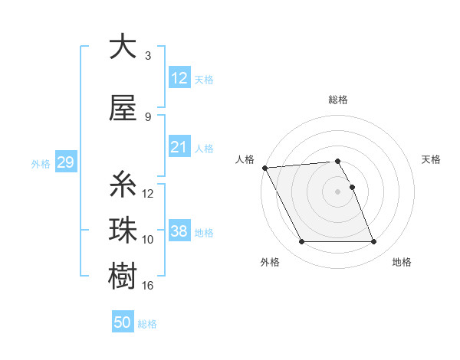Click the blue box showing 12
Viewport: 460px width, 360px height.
[179, 77]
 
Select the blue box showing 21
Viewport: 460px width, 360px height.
[179, 147]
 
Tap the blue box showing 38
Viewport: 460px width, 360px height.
[179, 231]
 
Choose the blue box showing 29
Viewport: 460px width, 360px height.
[65, 163]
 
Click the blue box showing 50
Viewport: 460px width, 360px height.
[123, 322]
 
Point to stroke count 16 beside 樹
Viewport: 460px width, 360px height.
[149, 285]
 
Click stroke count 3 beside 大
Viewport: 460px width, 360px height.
[148, 56]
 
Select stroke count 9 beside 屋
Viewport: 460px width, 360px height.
[148, 117]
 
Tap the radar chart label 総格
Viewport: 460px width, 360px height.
[338, 100]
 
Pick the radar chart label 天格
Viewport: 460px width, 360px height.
[431, 159]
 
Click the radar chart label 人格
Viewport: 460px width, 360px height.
[245, 159]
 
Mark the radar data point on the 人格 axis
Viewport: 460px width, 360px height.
[264, 168]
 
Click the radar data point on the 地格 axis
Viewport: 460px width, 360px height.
[373, 242]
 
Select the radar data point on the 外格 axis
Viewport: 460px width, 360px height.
[301, 242]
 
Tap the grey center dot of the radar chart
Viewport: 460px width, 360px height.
[337, 191]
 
